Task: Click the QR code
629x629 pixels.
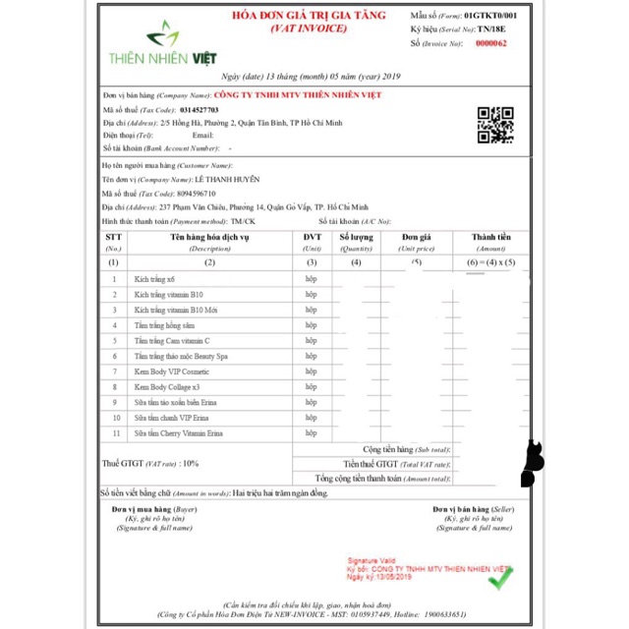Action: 495,125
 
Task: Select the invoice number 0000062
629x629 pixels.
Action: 491,43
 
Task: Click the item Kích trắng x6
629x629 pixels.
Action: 154,279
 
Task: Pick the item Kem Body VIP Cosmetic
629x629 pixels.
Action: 172,372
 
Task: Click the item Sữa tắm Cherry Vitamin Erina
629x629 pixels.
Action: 179,432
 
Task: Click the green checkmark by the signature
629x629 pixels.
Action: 499,580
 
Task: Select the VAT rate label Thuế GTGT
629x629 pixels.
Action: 122,462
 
